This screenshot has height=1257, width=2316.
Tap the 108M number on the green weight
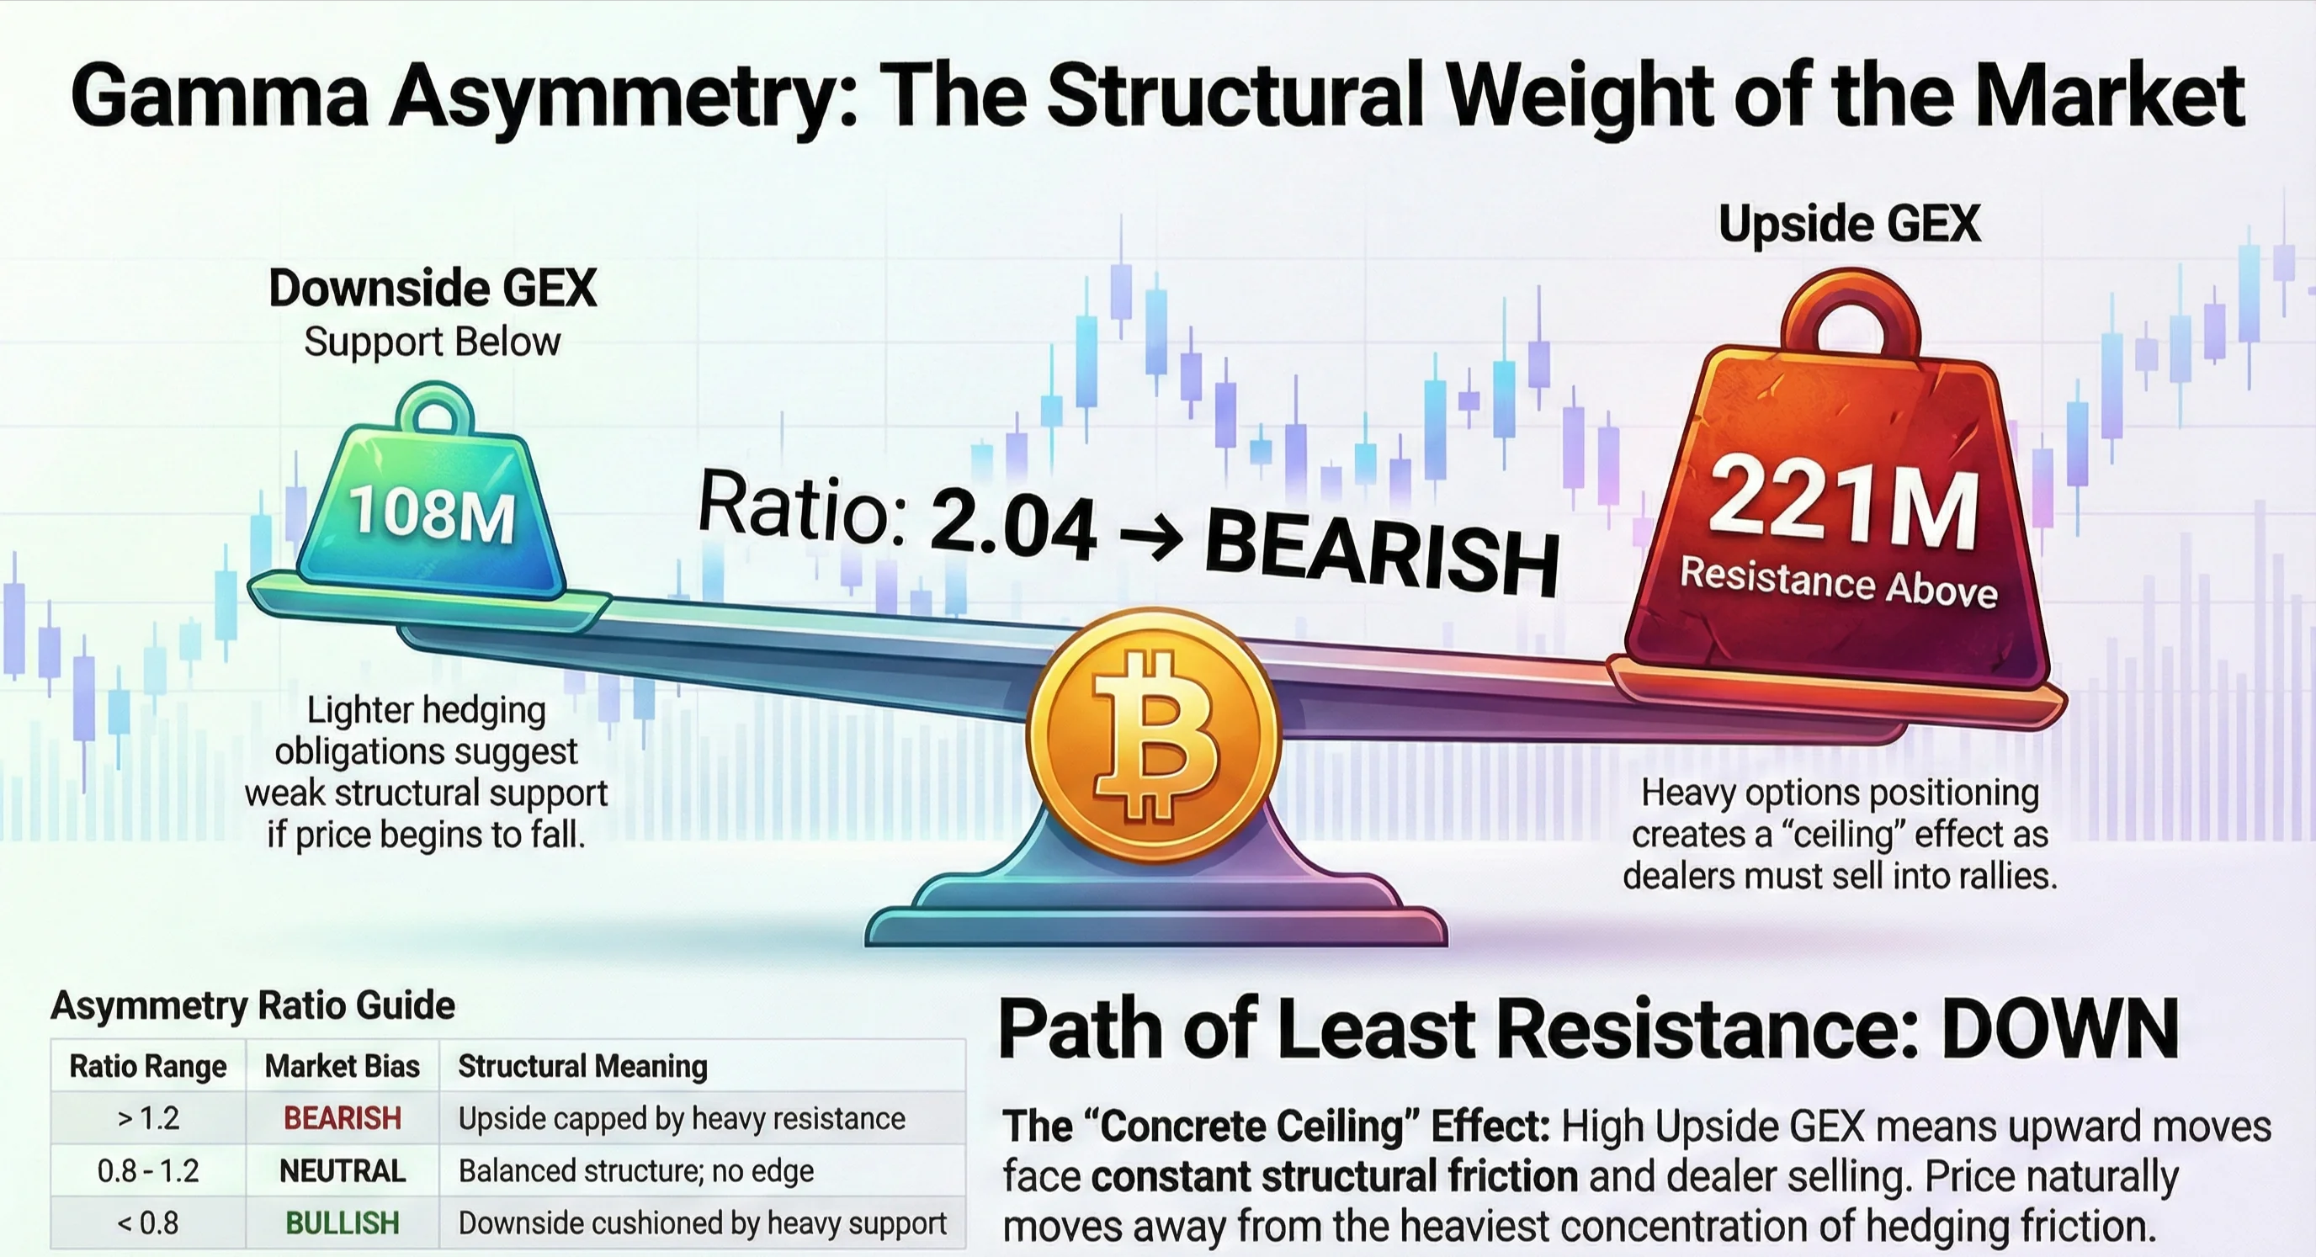click(x=433, y=514)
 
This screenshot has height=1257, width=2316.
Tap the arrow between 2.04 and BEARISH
click(x=1152, y=538)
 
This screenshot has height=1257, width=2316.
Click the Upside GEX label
click(x=1850, y=224)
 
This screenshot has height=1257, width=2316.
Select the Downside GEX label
click(x=433, y=289)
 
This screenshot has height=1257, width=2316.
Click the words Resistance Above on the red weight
click(x=1839, y=582)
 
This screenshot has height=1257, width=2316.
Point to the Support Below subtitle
click(x=433, y=342)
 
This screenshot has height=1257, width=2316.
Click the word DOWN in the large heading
click(x=2061, y=1030)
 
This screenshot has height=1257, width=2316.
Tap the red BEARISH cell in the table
click(x=343, y=1118)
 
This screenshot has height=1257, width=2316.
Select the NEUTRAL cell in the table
click(x=343, y=1170)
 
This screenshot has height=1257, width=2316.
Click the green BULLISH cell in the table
click(x=343, y=1223)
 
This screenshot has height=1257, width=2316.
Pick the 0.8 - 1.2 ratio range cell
click(x=148, y=1170)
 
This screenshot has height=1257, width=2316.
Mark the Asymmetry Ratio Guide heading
click(x=253, y=1005)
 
